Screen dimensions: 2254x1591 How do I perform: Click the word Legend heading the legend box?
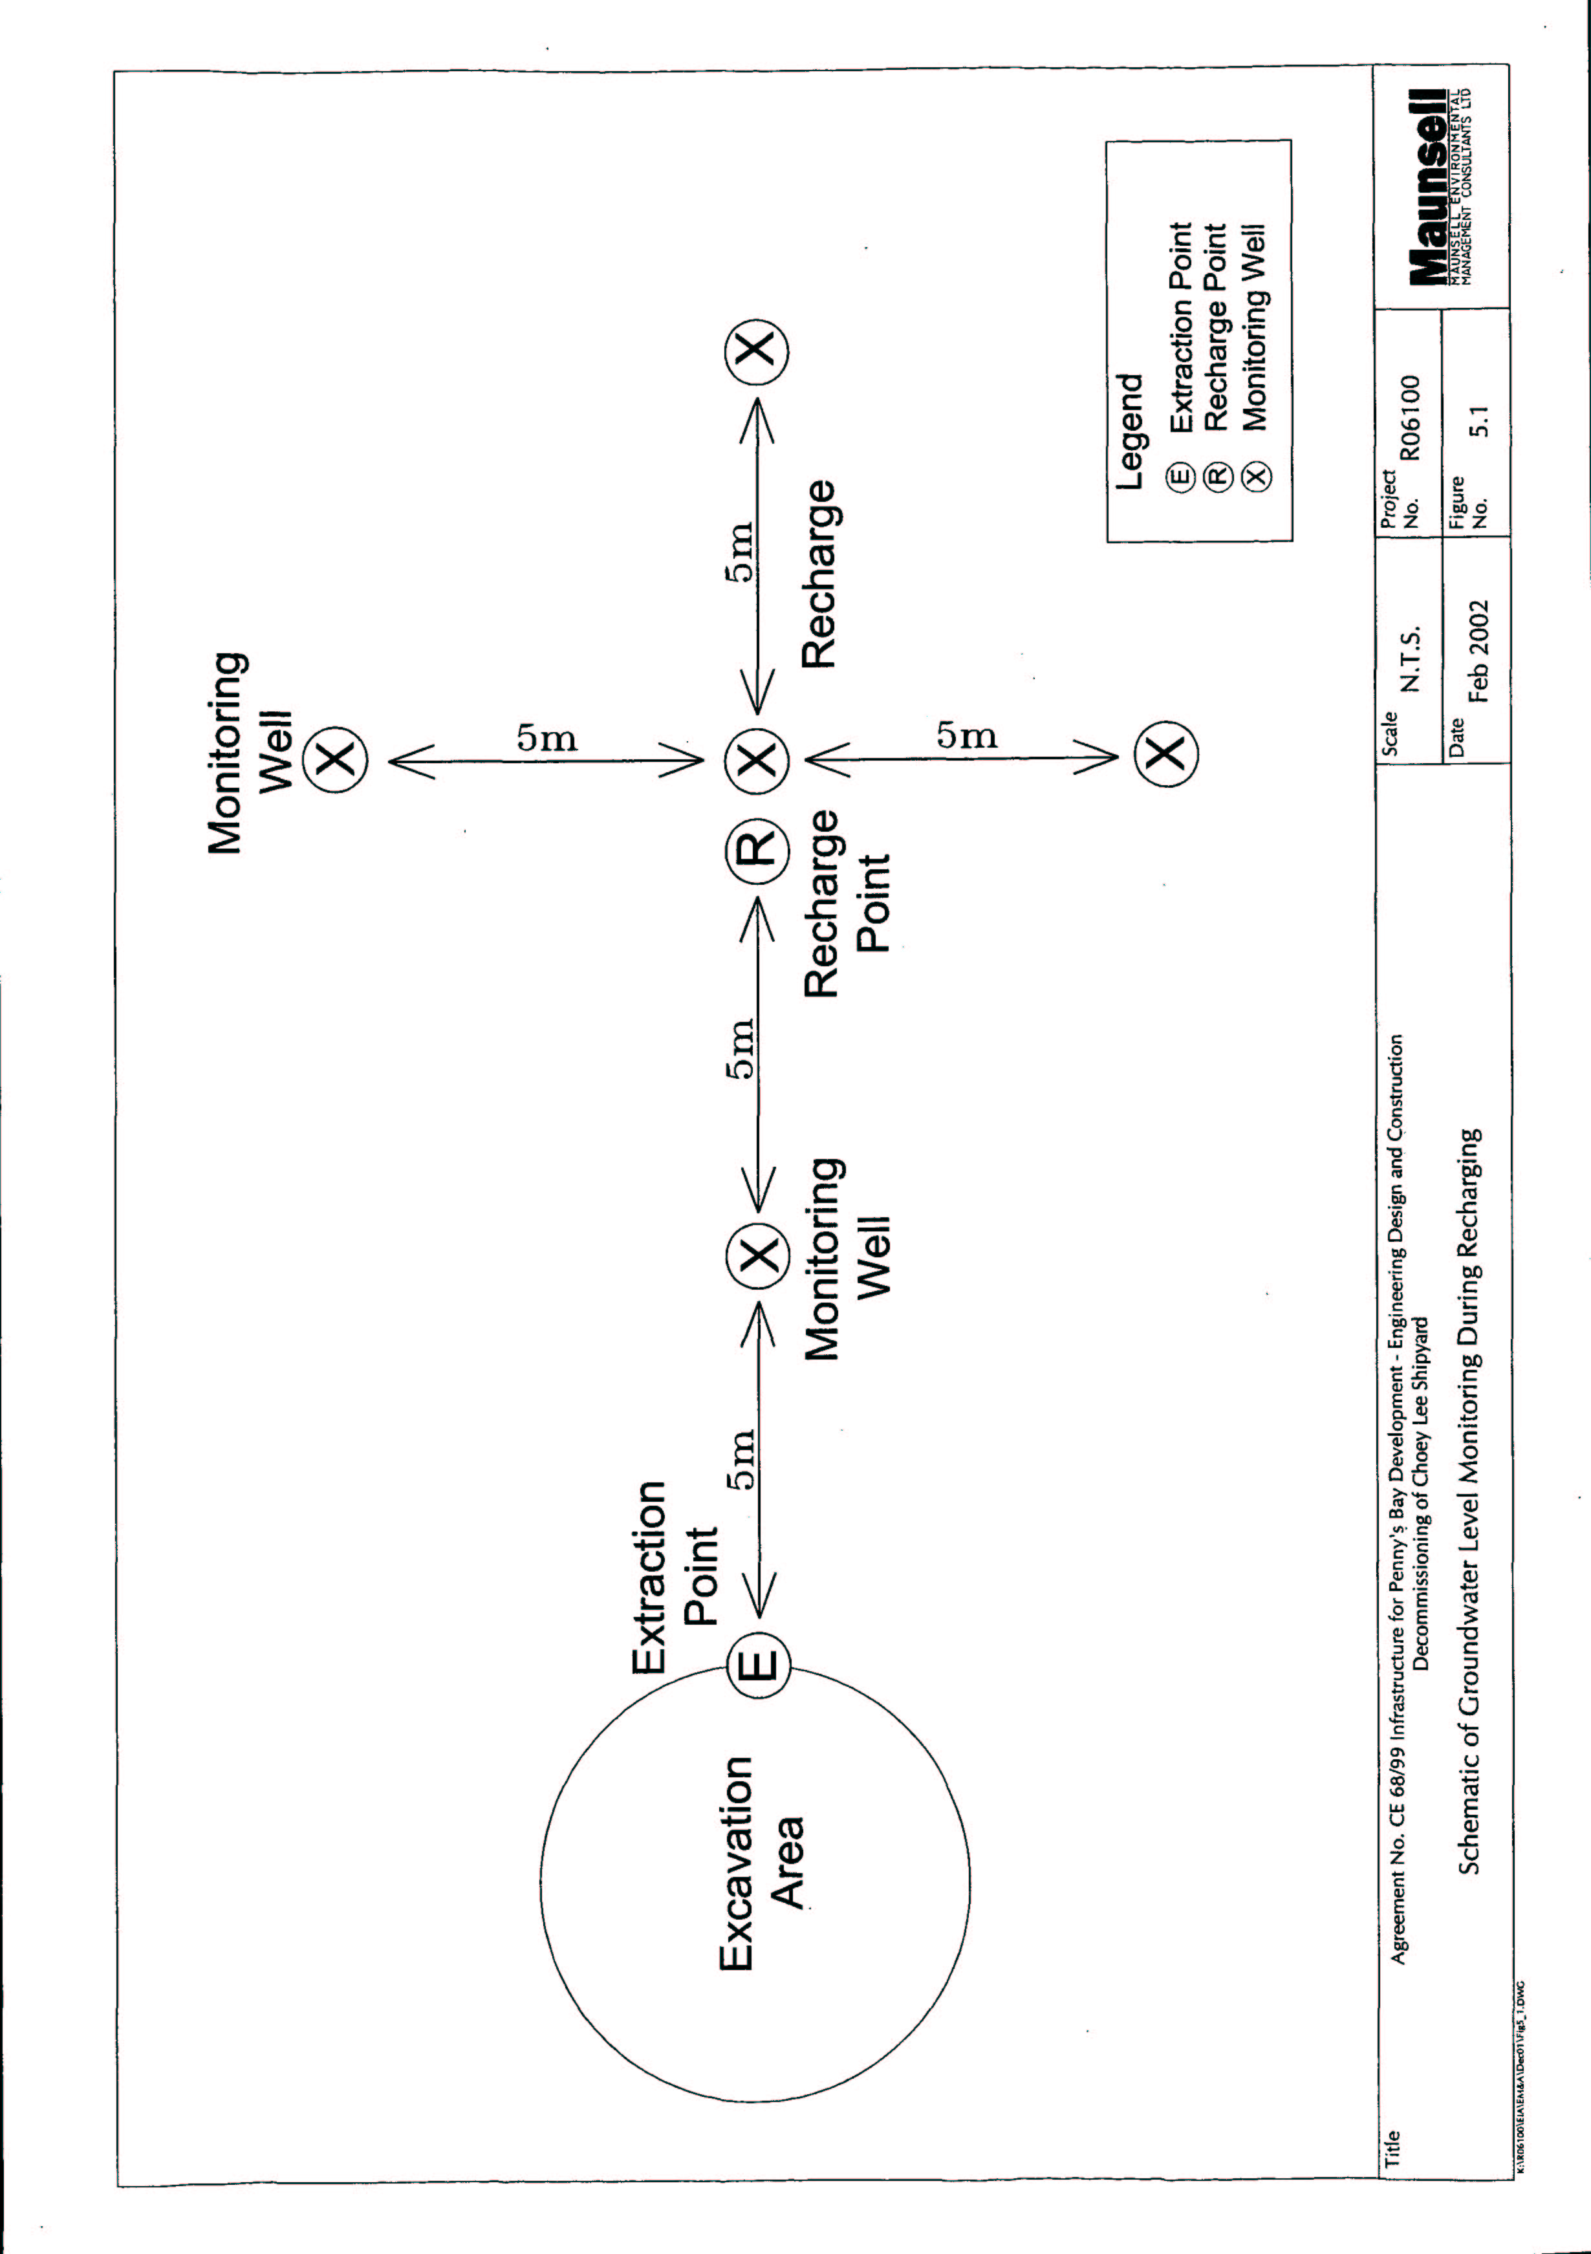pyautogui.click(x=1131, y=432)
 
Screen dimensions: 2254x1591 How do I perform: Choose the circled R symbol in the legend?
pyautogui.click(x=1217, y=477)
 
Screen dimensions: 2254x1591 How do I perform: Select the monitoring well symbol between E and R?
pyautogui.click(x=757, y=1255)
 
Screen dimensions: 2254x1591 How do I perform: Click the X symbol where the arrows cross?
pyautogui.click(x=757, y=759)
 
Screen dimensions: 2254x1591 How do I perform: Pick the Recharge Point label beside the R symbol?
pyautogui.click(x=846, y=903)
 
